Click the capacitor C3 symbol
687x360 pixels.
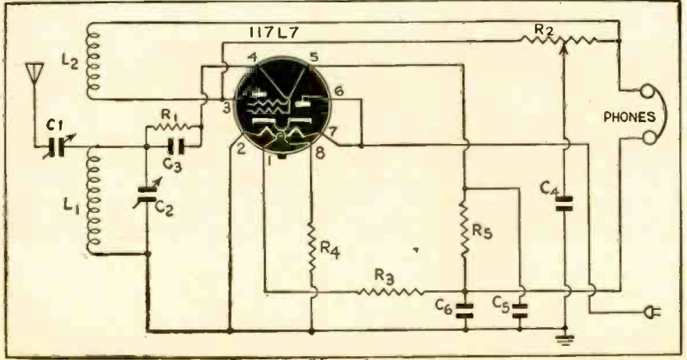click(x=176, y=146)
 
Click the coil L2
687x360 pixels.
click(x=93, y=60)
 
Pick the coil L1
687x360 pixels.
click(x=94, y=200)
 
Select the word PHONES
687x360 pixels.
click(x=630, y=117)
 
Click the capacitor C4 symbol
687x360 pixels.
click(x=564, y=203)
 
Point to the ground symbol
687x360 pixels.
click(x=565, y=339)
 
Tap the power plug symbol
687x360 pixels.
click(x=653, y=312)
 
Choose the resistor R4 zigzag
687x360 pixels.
click(x=311, y=248)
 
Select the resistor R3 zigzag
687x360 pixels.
click(x=390, y=291)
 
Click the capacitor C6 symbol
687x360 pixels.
click(x=466, y=310)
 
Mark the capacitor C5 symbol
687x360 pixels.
click(x=520, y=310)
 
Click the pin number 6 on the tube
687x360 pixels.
click(x=339, y=91)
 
